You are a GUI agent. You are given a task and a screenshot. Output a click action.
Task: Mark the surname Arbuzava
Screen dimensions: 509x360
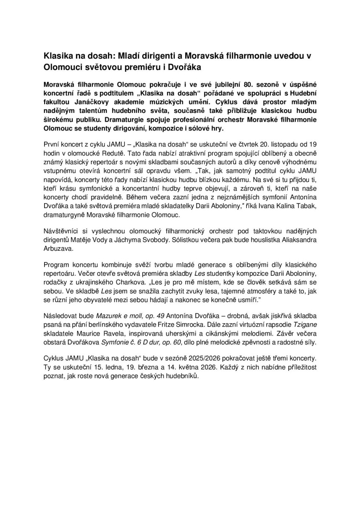(x=58, y=250)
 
